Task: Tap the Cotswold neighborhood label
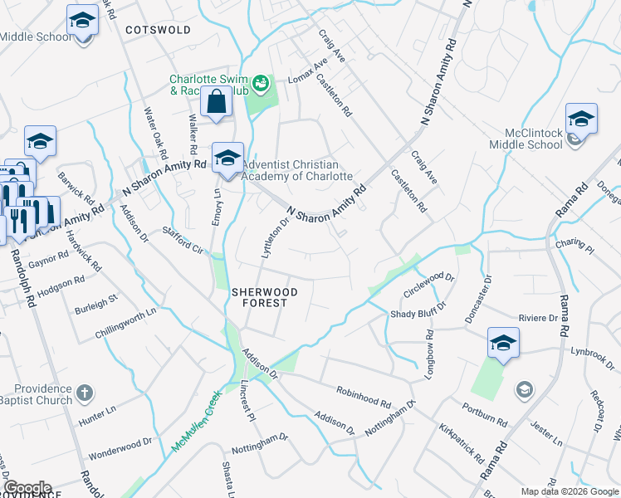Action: point(158,30)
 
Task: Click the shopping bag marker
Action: point(216,103)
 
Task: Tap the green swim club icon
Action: point(261,82)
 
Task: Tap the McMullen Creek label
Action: point(197,422)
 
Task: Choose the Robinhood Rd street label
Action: point(363,396)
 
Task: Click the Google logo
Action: point(27,488)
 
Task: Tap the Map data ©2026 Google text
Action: point(569,491)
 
